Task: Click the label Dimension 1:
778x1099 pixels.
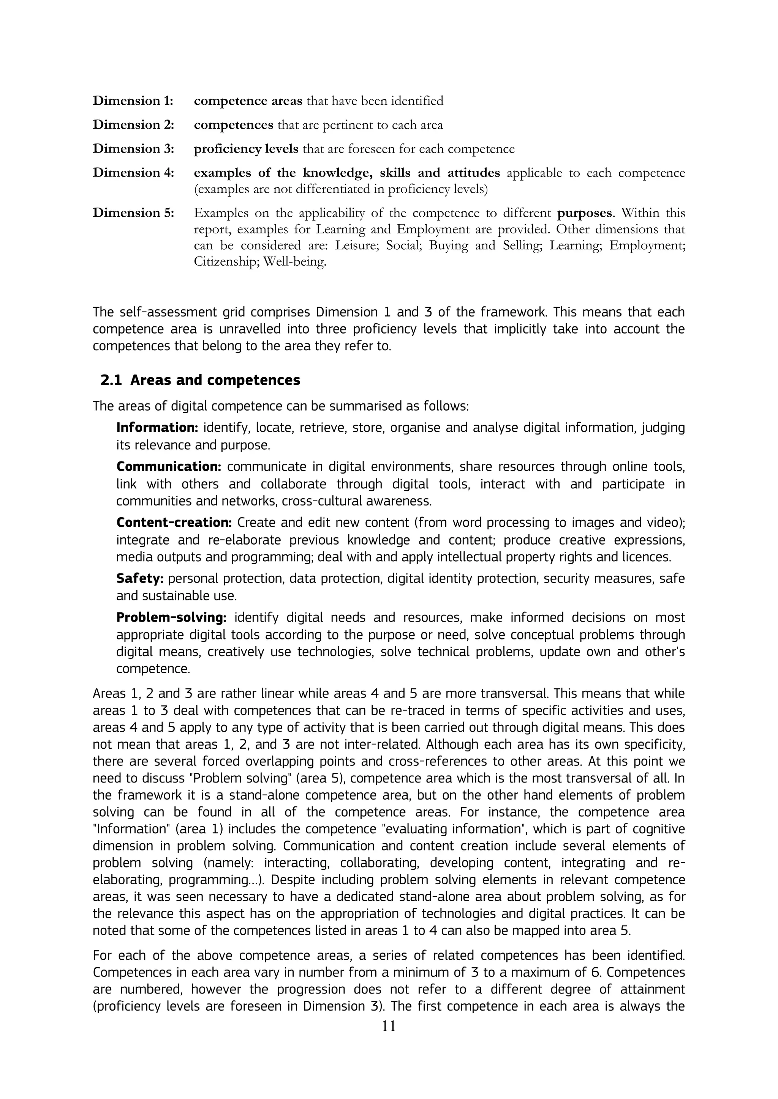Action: [x=133, y=101]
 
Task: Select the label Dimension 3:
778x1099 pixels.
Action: [x=133, y=149]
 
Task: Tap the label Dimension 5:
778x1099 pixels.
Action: [x=133, y=213]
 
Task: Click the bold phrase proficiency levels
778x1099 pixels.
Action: [x=246, y=149]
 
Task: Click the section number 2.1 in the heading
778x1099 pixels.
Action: [x=111, y=380]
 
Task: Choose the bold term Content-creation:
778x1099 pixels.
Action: [x=174, y=523]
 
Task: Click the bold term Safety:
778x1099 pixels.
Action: [x=140, y=579]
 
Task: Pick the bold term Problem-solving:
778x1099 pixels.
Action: [x=171, y=617]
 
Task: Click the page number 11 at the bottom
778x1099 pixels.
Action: [x=389, y=1026]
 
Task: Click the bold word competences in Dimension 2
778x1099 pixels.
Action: [x=233, y=125]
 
